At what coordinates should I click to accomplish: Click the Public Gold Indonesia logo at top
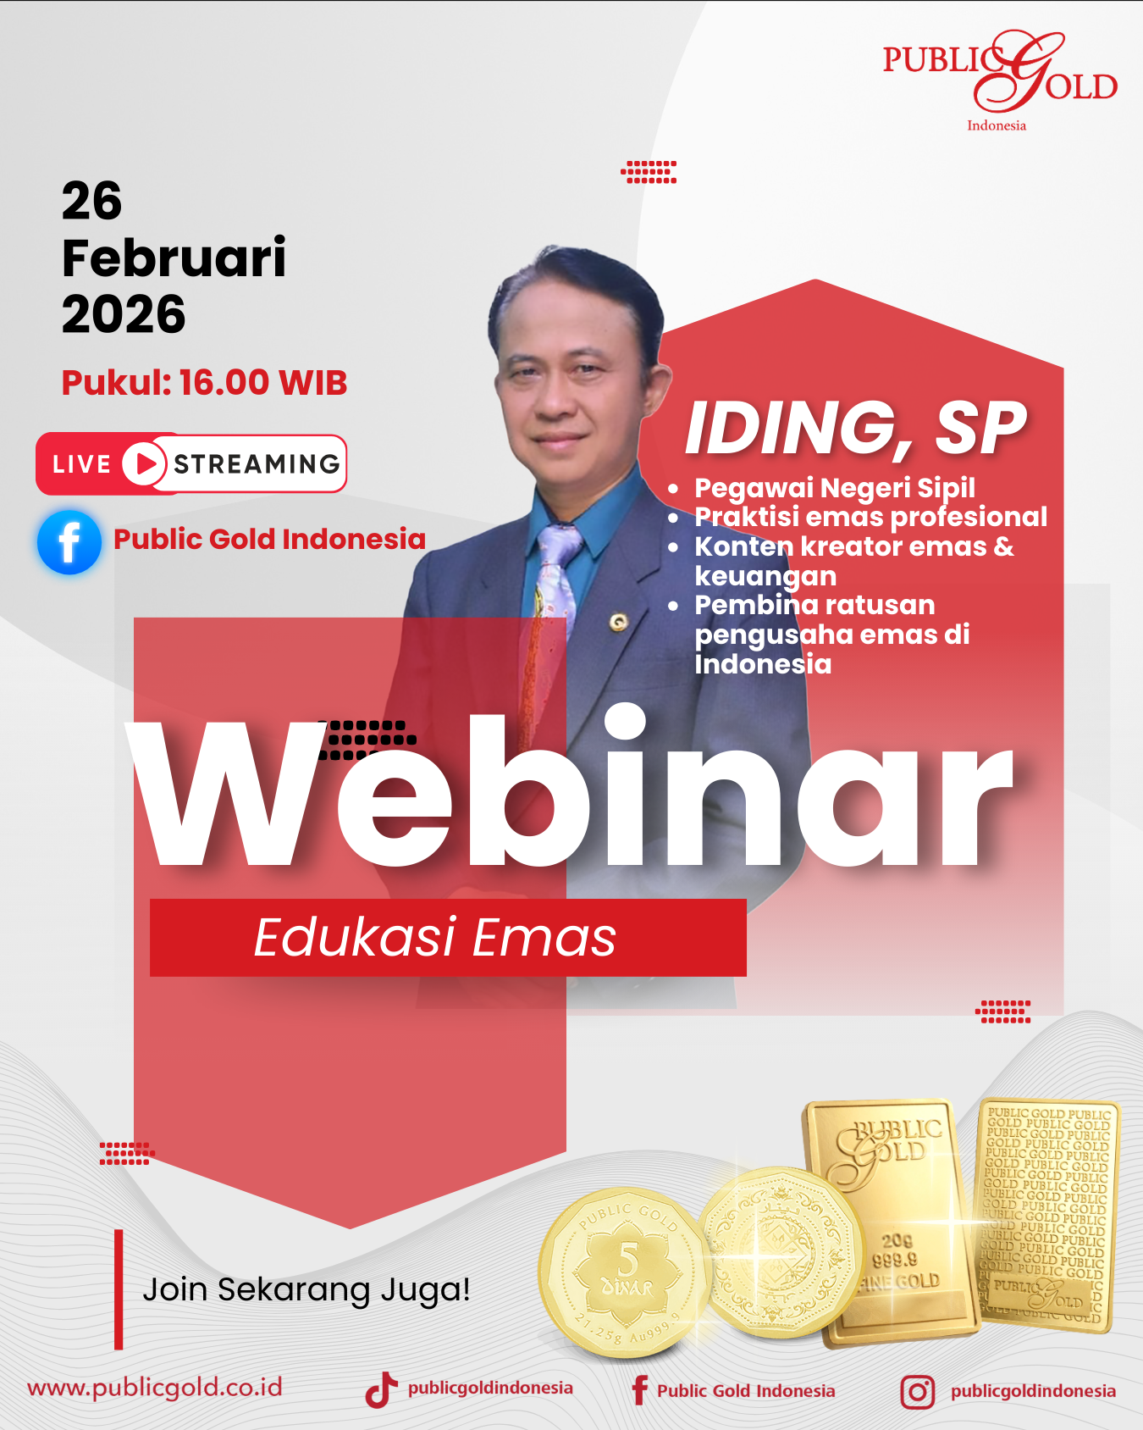[1000, 81]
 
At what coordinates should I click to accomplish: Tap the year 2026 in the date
[124, 314]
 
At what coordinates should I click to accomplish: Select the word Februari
[174, 258]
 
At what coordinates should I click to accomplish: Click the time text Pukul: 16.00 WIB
[204, 382]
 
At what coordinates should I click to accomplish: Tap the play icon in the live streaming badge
[145, 463]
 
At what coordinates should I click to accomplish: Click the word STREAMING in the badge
[257, 464]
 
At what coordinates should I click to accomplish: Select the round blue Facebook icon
[69, 542]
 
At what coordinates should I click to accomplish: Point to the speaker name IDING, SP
[855, 428]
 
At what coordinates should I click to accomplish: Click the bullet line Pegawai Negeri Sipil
[835, 488]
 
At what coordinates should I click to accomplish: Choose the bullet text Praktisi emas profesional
[871, 517]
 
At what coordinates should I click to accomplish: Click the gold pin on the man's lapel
[619, 623]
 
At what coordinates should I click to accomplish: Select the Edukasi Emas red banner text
[435, 937]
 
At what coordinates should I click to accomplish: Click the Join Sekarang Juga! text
[306, 1289]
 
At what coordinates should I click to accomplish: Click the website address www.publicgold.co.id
[155, 1388]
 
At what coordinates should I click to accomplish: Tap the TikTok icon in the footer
[381, 1389]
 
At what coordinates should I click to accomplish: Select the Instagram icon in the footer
[918, 1392]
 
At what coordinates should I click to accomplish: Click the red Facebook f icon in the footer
[640, 1390]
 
